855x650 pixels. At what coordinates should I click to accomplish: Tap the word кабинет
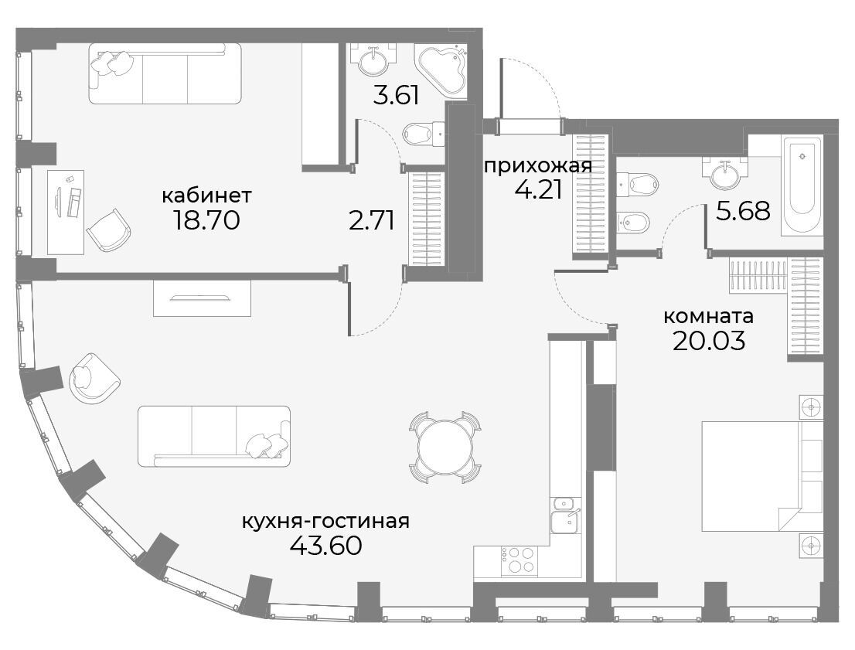(206, 195)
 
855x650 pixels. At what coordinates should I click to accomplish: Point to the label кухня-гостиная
(325, 521)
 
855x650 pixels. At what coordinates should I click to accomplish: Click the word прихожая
(538, 165)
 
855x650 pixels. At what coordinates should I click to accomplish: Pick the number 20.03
(709, 341)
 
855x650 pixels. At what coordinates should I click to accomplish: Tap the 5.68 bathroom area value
(743, 210)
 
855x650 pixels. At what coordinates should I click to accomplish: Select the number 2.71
(371, 221)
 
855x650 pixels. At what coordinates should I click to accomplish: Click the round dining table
(445, 448)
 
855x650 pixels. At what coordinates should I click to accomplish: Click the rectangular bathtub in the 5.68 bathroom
(802, 186)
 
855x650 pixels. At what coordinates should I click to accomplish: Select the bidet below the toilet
(634, 223)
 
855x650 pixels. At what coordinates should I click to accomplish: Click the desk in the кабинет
(66, 212)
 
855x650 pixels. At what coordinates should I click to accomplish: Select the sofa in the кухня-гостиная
(213, 436)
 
